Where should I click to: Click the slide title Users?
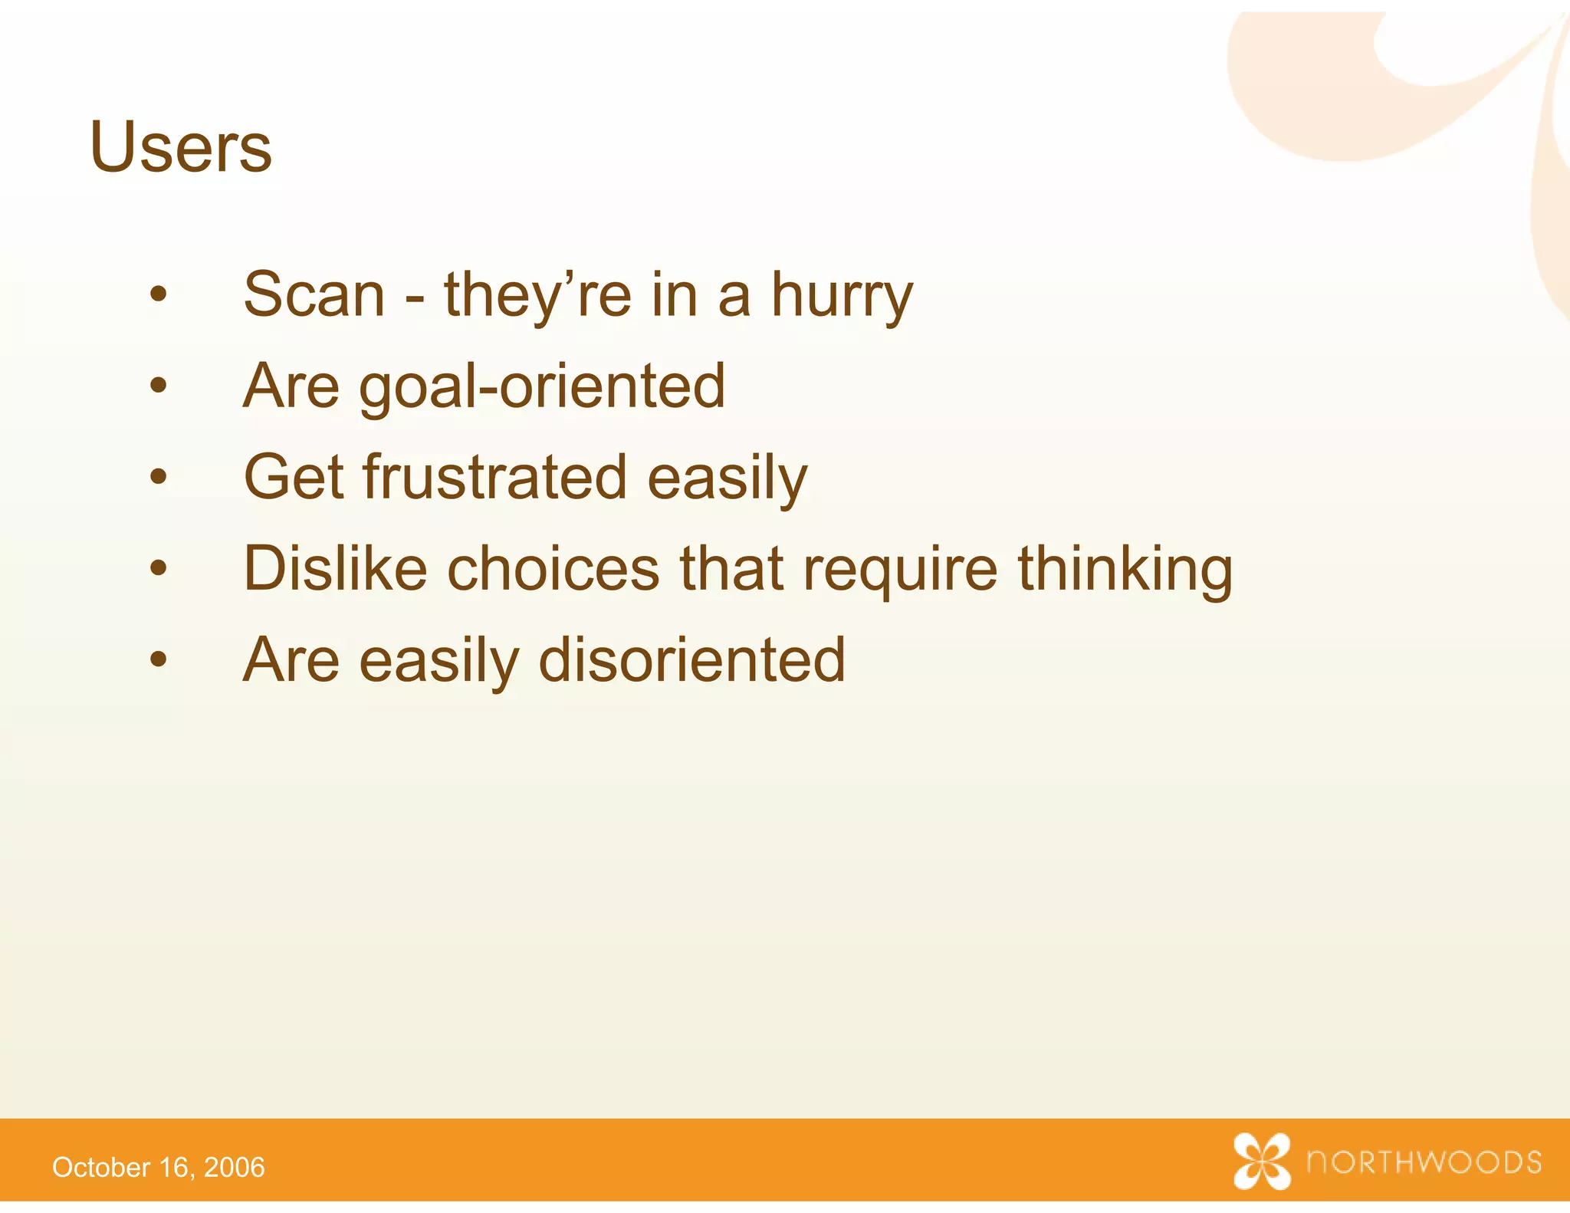point(180,147)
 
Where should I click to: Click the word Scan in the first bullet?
point(314,294)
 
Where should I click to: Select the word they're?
point(537,296)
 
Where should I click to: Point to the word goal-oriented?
point(541,388)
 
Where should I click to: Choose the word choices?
point(553,568)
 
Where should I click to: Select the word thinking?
point(1125,571)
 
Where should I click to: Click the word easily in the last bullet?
point(439,662)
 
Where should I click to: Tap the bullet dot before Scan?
point(159,294)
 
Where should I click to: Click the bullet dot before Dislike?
point(159,568)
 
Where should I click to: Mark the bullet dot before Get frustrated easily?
point(159,477)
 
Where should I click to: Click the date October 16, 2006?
point(158,1167)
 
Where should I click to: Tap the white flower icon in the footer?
point(1262,1162)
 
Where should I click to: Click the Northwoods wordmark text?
point(1424,1162)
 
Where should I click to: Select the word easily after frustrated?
point(727,479)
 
